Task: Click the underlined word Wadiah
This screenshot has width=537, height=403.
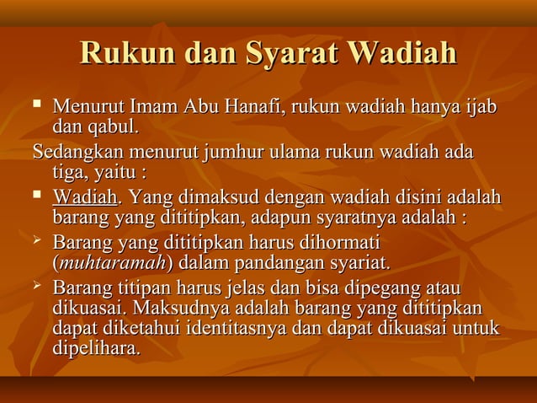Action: (x=84, y=198)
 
